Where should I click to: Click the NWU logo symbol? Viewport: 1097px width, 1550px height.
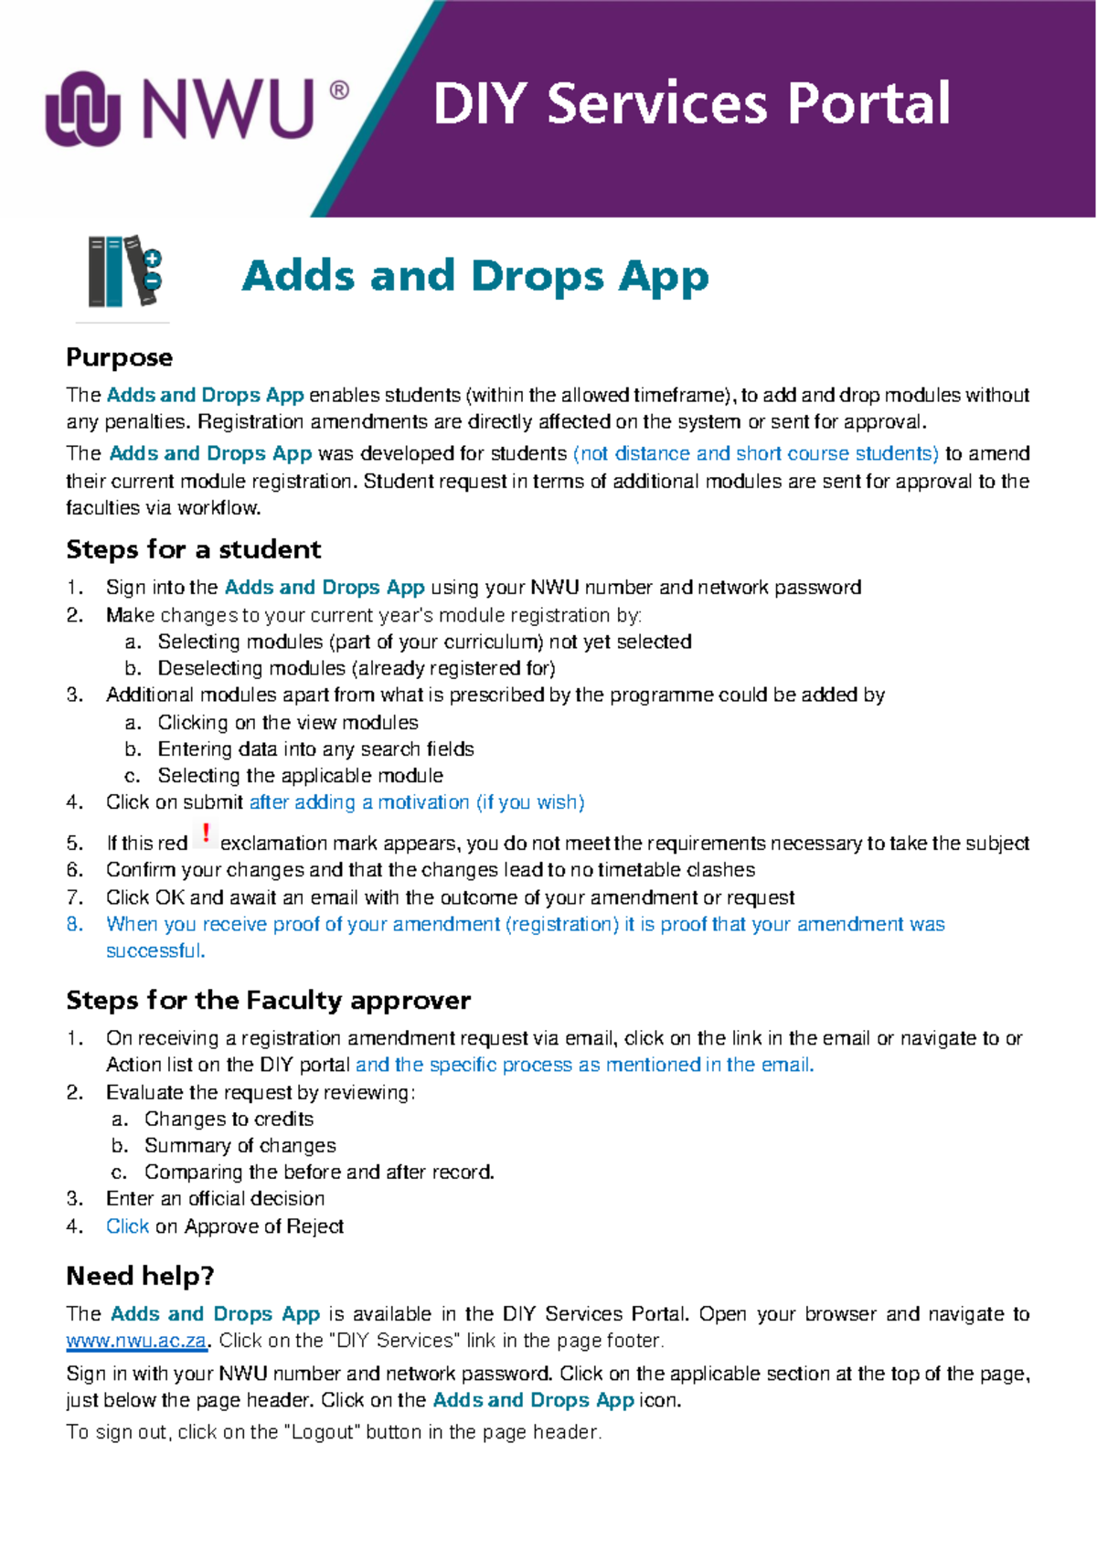83,109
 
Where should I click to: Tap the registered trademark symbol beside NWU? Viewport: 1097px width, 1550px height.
338,90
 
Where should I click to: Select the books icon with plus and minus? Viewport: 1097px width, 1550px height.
124,272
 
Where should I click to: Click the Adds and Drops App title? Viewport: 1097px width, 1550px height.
474,276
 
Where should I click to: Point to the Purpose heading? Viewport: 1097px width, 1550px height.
119,357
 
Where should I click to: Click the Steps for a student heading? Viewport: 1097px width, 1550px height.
193,549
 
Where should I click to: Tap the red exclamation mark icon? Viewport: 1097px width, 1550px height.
207,833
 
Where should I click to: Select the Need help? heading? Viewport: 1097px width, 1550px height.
140,1276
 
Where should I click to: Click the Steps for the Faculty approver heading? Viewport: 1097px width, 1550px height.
268,1000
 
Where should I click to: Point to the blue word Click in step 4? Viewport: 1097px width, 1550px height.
127,1226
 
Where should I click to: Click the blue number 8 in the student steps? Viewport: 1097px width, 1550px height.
74,924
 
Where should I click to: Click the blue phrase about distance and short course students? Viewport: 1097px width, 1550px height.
755,453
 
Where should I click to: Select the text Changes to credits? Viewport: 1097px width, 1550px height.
229,1119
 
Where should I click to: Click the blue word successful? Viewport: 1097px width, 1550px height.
154,950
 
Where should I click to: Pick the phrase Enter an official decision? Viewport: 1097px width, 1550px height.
215,1198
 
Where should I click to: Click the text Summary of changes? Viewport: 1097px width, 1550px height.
240,1145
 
